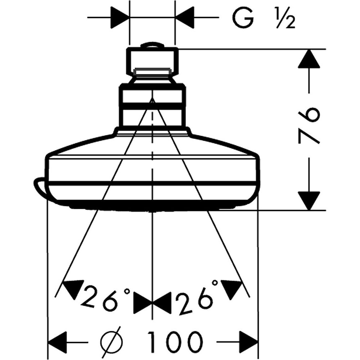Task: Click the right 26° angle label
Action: coord(197,296)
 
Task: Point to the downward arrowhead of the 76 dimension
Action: coord(309,201)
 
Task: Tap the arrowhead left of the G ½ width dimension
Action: coord(120,17)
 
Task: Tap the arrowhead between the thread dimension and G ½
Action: coord(184,17)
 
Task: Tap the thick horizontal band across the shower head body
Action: coord(153,184)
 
